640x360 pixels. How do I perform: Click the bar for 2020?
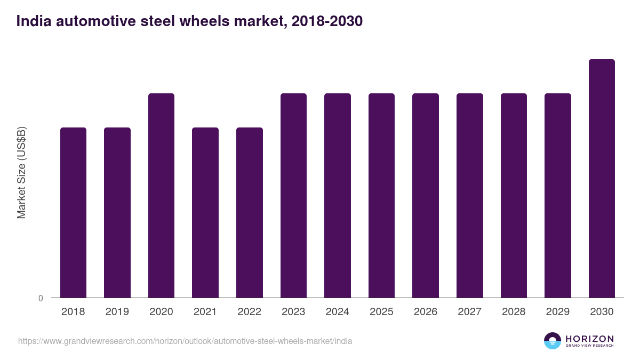(161, 195)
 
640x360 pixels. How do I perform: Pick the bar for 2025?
(381, 195)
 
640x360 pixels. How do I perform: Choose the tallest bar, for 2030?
(602, 178)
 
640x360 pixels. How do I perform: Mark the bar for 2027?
(470, 195)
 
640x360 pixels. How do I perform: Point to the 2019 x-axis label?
(117, 312)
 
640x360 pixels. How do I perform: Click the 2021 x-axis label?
(205, 312)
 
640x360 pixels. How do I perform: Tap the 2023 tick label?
(293, 312)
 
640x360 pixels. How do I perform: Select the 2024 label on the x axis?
(338, 312)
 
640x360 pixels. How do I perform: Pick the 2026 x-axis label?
(426, 312)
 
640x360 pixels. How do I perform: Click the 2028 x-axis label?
(514, 312)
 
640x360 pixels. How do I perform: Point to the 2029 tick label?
(558, 312)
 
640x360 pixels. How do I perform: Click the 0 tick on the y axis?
(41, 298)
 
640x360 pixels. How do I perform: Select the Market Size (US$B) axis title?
(22, 172)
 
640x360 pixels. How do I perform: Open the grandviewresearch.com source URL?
(185, 341)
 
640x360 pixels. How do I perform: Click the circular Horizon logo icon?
(553, 341)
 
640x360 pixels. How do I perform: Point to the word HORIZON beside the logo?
(589, 339)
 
